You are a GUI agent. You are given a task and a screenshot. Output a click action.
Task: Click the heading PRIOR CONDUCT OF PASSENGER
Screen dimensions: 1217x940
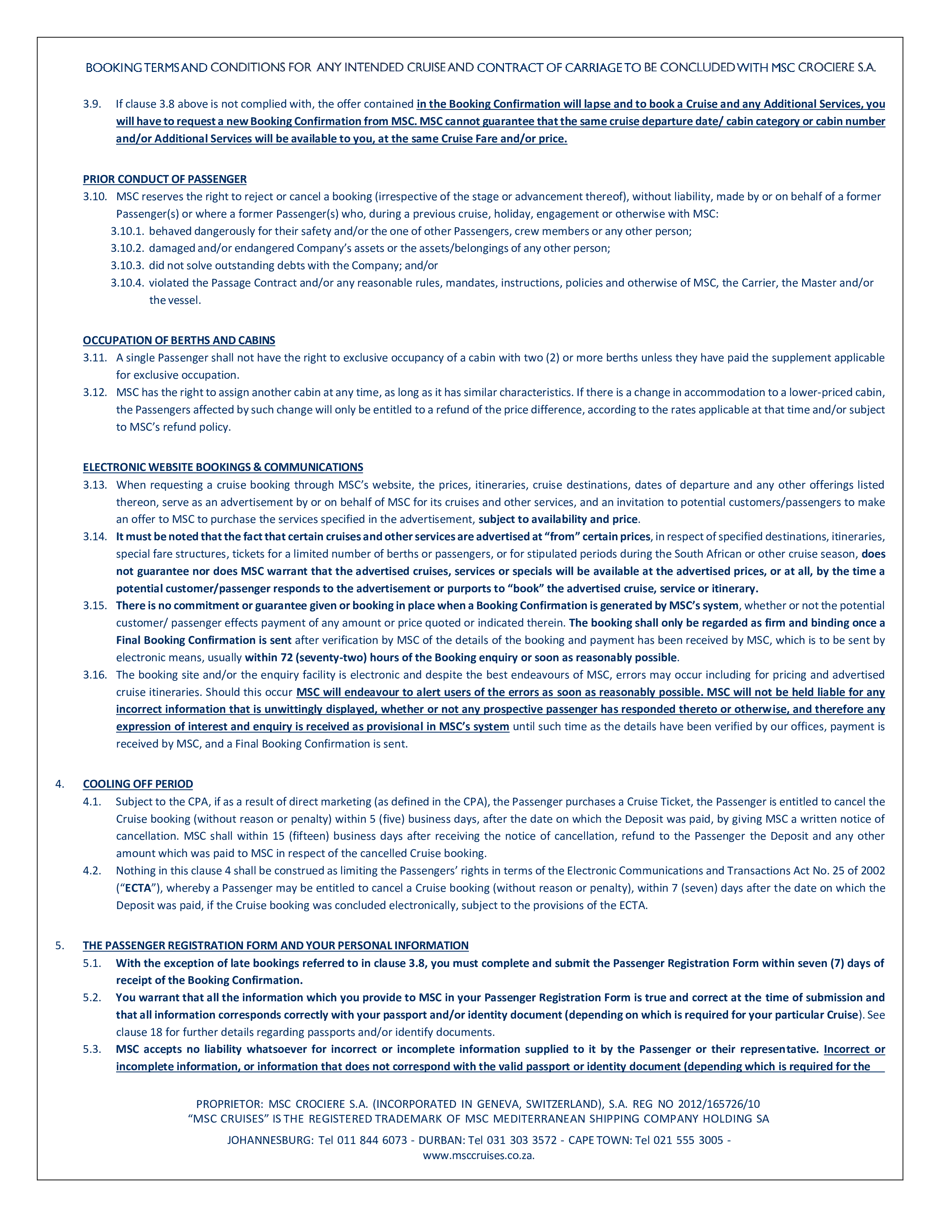[165, 179]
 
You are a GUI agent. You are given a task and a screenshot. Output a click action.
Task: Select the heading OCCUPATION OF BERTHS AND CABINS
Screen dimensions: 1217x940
[179, 340]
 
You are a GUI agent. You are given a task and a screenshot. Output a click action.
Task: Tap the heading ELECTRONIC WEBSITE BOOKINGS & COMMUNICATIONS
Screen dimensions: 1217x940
[223, 467]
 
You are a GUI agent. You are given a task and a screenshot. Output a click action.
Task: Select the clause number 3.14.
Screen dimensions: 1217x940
[95, 537]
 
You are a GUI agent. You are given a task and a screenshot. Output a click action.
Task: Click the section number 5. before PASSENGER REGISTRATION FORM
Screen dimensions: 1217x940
[60, 945]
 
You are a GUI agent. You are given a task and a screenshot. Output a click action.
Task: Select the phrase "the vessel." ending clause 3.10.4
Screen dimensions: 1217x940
[175, 300]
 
